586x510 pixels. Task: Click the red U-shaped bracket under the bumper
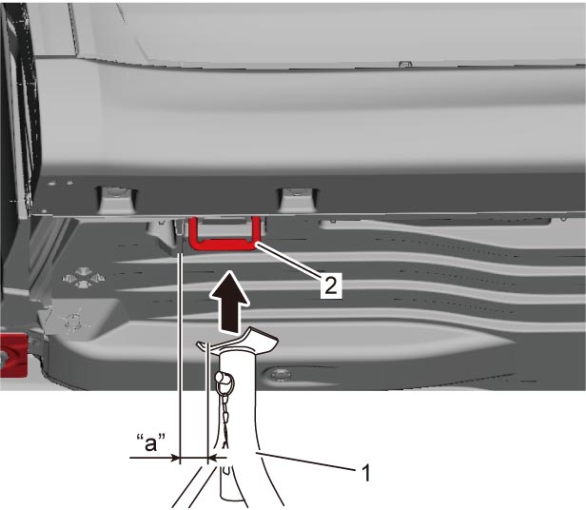pos(224,245)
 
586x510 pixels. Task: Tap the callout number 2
pos(331,285)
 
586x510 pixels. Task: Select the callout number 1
pos(366,473)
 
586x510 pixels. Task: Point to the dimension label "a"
pos(151,443)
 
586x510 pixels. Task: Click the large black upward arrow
pos(229,302)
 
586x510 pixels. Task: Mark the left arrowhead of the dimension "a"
pos(176,457)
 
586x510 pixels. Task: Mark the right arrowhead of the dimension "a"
pos(211,457)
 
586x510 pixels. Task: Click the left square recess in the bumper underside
pos(117,199)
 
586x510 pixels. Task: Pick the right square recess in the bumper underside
pos(298,199)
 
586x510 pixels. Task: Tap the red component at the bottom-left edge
pos(13,355)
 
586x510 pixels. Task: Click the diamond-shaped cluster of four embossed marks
pos(83,278)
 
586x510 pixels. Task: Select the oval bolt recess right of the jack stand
pos(279,374)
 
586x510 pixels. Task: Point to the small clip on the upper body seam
pos(403,65)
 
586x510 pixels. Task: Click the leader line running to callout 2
pos(288,261)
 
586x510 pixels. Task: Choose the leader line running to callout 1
pos(305,461)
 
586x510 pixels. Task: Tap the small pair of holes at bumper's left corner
pos(60,184)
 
